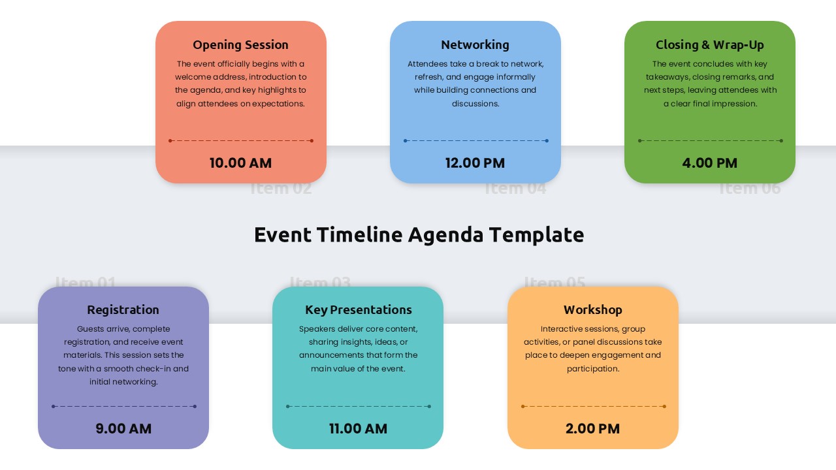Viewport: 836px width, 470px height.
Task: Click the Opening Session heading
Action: pos(240,45)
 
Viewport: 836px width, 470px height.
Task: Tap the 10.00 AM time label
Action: pos(240,163)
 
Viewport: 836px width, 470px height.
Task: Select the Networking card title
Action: pos(475,45)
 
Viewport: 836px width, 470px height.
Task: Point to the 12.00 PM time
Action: pos(475,163)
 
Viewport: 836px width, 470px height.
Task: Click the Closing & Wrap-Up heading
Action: pos(709,45)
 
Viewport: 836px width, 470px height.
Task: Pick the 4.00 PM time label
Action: pos(709,163)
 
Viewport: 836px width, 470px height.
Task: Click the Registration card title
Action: pos(123,310)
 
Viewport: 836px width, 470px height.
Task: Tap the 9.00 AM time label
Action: pos(123,429)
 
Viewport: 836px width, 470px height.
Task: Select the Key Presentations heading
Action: pos(358,310)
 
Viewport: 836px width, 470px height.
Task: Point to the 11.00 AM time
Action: pos(358,429)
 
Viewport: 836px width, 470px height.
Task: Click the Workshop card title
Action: pos(592,310)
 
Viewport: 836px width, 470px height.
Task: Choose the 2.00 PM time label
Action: pos(592,429)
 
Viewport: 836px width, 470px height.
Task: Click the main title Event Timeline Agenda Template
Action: pos(419,235)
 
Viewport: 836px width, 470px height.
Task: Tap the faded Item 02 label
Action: pos(281,189)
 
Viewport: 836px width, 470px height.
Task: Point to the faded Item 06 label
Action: pos(750,189)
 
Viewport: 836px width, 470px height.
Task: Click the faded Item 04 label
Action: pos(515,189)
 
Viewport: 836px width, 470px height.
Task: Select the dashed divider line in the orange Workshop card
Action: pos(593,406)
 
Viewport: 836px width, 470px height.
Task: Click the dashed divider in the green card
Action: pos(710,140)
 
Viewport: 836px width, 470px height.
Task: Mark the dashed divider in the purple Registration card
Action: pos(123,406)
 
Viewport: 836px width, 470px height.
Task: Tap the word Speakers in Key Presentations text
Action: pos(317,329)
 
